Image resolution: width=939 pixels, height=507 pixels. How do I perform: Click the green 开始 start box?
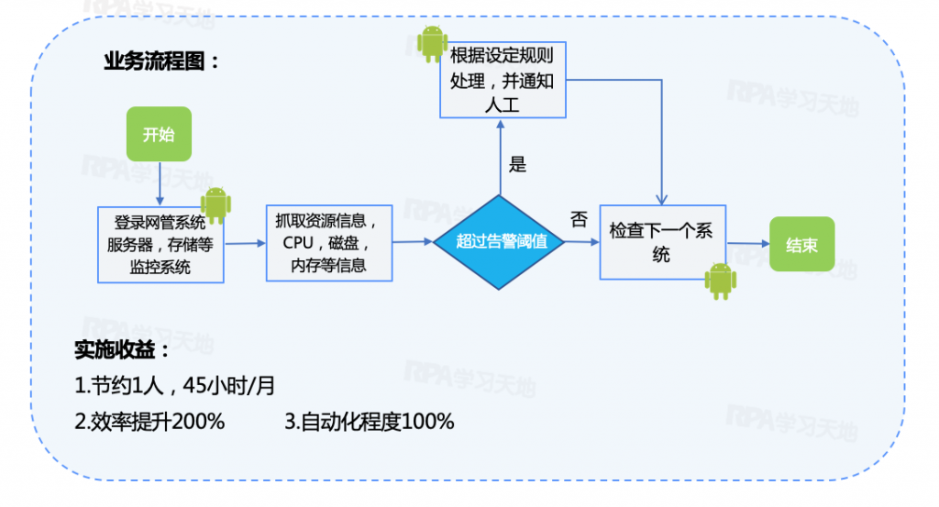[x=158, y=135]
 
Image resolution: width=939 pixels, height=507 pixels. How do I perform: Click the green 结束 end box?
[x=801, y=245]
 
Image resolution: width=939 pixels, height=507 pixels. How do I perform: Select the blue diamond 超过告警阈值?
[x=502, y=242]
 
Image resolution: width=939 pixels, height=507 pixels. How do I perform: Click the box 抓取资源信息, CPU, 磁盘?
[x=327, y=243]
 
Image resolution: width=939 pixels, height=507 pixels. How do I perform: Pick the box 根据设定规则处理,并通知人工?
[x=501, y=80]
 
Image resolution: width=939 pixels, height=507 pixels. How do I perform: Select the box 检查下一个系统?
[x=661, y=242]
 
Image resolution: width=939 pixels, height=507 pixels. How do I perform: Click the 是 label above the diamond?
[x=518, y=165]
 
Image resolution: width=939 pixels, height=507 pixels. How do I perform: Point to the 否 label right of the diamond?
[x=579, y=219]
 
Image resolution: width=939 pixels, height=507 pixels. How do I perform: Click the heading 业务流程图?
[x=161, y=62]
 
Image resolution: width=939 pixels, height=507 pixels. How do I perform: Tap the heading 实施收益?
[x=122, y=351]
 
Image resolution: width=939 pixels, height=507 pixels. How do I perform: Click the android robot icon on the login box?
[x=215, y=205]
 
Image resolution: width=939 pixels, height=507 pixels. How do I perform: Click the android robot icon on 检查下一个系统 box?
[x=720, y=281]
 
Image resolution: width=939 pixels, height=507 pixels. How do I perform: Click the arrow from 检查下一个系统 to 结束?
[x=746, y=244]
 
